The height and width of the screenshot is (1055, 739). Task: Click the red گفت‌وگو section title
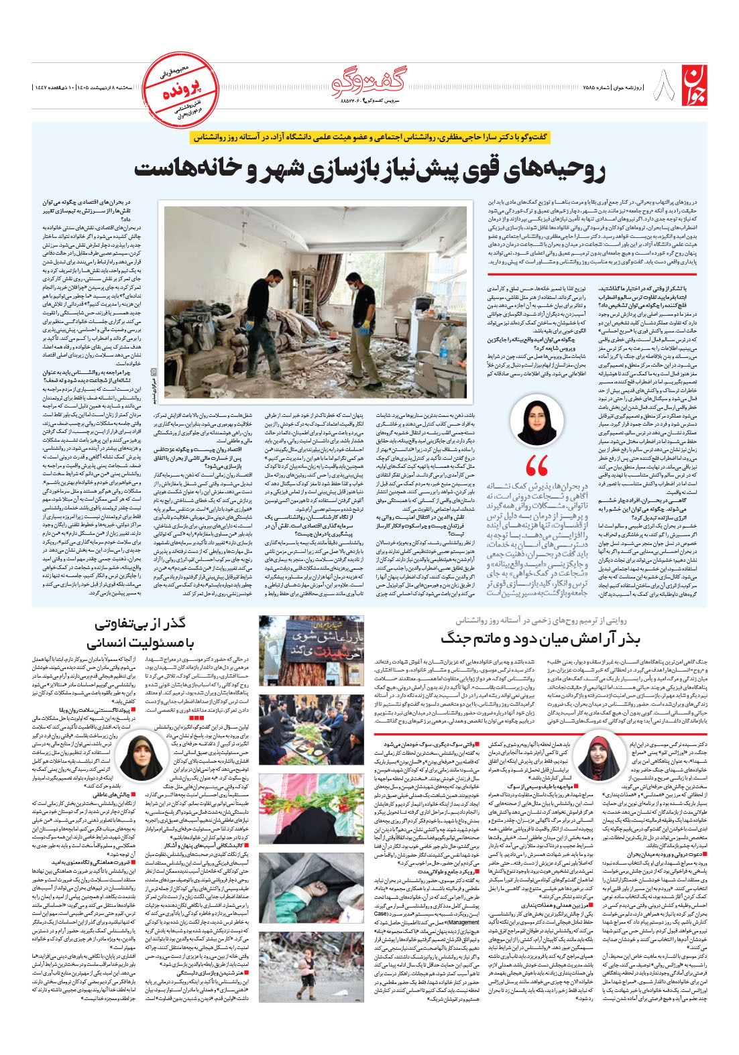tap(368, 82)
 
